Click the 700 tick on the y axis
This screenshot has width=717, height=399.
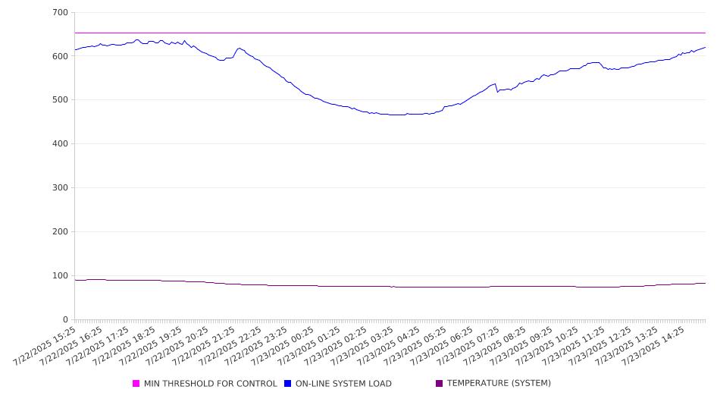pyautogui.click(x=61, y=12)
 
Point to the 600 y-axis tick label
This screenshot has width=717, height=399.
pyautogui.click(x=61, y=56)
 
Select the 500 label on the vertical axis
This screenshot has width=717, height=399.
pyautogui.click(x=61, y=100)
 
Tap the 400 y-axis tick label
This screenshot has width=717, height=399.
pyautogui.click(x=61, y=143)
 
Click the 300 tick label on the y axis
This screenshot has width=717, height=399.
pyautogui.click(x=61, y=187)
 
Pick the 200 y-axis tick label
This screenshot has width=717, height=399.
pyautogui.click(x=61, y=231)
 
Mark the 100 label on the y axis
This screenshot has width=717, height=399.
pyautogui.click(x=61, y=275)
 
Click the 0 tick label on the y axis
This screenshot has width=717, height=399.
pyautogui.click(x=66, y=319)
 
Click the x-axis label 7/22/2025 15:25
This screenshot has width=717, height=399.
pyautogui.click(x=45, y=346)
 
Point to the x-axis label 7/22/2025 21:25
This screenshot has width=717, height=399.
pyautogui.click(x=204, y=346)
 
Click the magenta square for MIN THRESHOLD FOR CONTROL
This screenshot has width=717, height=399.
pyautogui.click(x=136, y=383)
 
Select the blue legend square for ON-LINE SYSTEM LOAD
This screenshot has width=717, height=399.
pyautogui.click(x=287, y=383)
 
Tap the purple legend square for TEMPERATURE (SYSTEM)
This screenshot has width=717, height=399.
pyautogui.click(x=440, y=383)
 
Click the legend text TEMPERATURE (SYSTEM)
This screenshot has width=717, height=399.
pyautogui.click(x=499, y=383)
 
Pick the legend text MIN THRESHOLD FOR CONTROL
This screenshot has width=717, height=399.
pyautogui.click(x=211, y=383)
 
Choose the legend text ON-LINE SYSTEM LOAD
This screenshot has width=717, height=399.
pyautogui.click(x=343, y=383)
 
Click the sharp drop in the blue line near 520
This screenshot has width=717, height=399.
pyautogui.click(x=496, y=88)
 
